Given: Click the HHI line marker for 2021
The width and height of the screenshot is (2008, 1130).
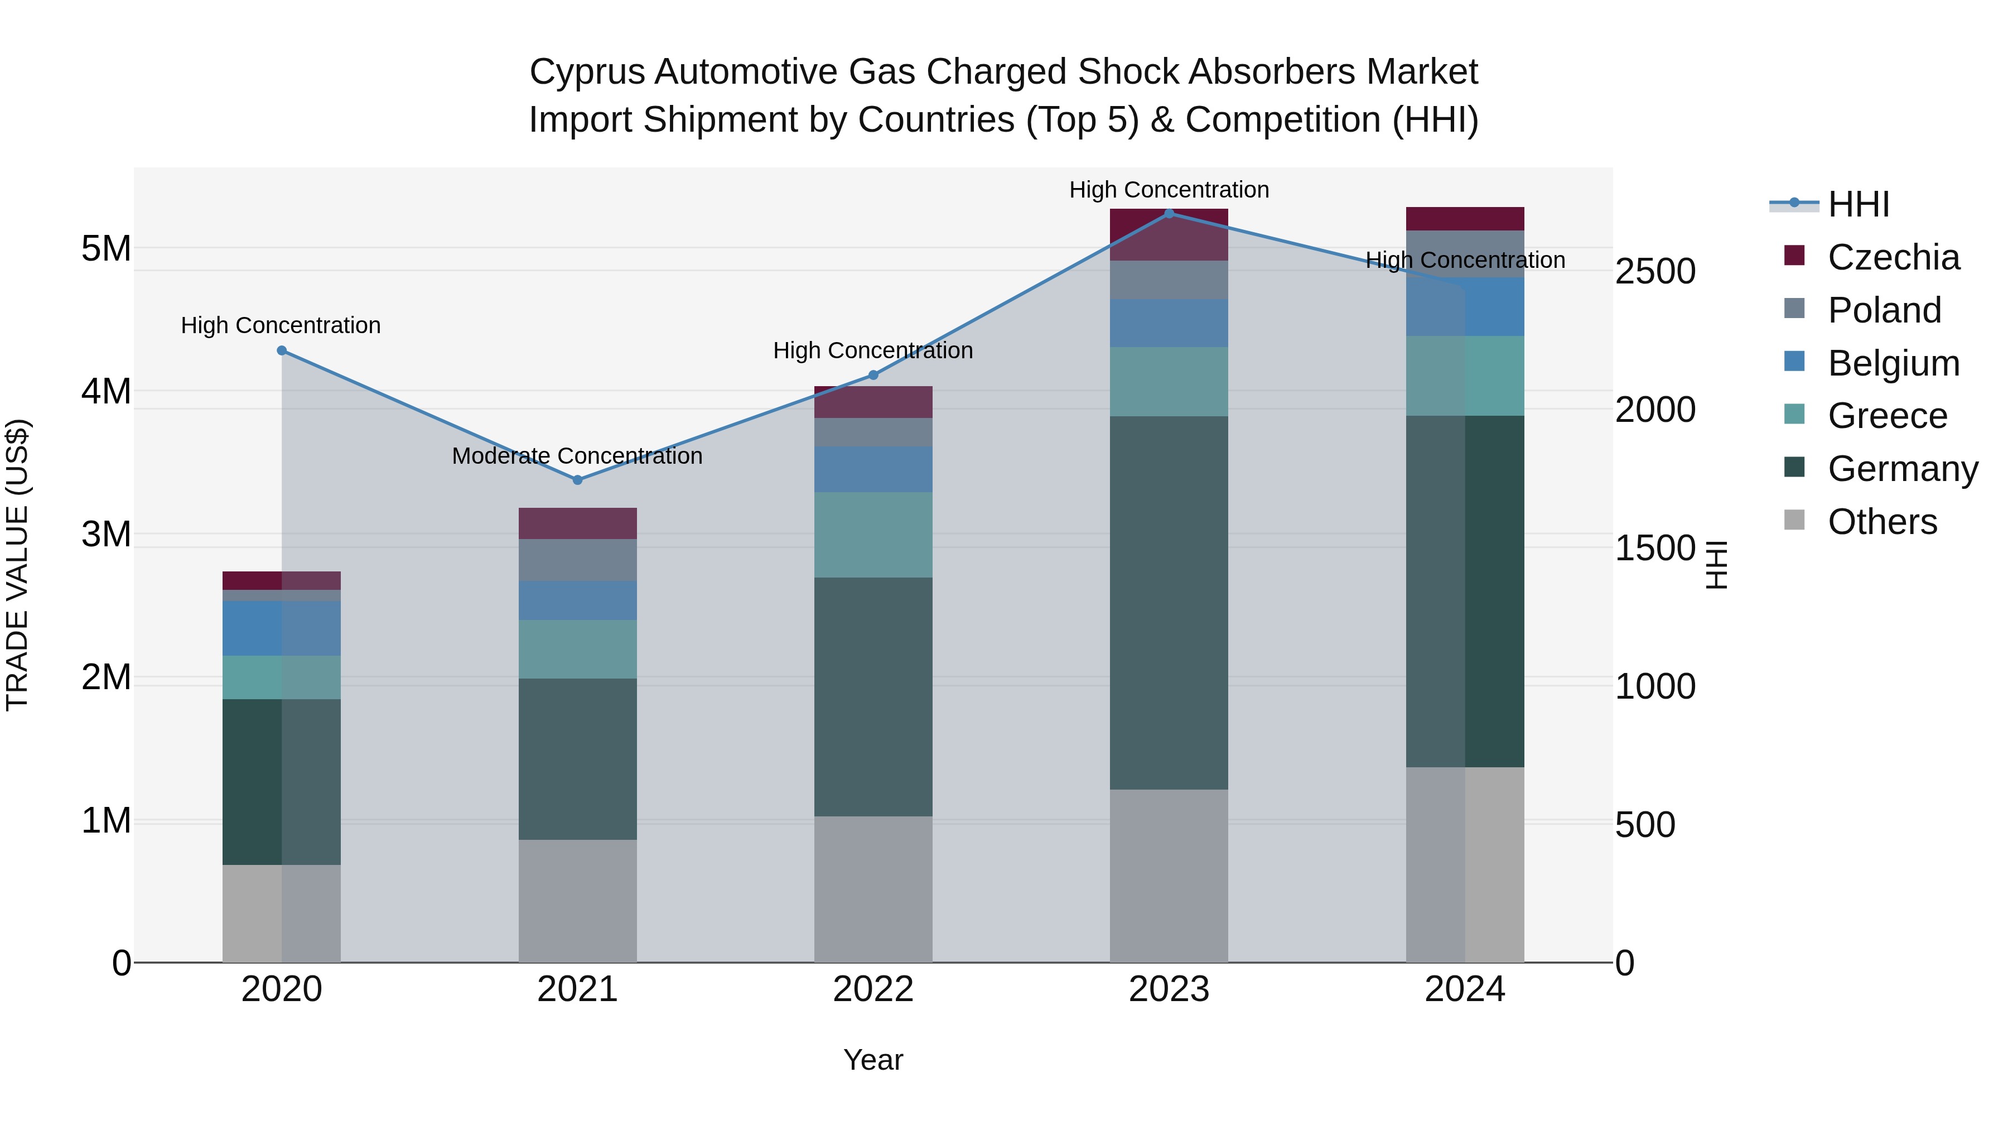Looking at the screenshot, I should (578, 479).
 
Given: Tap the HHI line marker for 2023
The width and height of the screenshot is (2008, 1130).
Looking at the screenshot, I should (1169, 213).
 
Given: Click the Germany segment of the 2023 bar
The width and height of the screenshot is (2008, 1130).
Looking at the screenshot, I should (1169, 602).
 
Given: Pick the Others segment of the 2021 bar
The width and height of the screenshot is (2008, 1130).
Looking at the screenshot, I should (578, 901).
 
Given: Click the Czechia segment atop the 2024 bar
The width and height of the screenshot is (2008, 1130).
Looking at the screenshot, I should (1465, 218).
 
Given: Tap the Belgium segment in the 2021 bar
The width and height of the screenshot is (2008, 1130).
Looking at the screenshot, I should (578, 600).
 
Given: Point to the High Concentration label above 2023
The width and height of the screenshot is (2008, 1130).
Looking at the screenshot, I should (1169, 190).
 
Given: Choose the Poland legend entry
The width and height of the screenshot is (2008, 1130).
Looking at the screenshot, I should (1884, 310).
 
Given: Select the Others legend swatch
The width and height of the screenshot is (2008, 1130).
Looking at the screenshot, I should (1794, 520).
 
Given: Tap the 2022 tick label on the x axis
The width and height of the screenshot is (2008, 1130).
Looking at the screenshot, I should (873, 989).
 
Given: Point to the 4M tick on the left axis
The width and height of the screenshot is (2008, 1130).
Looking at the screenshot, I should (106, 392).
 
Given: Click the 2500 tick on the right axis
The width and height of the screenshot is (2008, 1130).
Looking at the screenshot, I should (1654, 271).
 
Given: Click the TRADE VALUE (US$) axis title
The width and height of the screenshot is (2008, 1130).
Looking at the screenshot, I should (17, 565).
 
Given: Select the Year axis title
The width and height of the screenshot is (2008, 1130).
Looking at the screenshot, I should (873, 1060).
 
